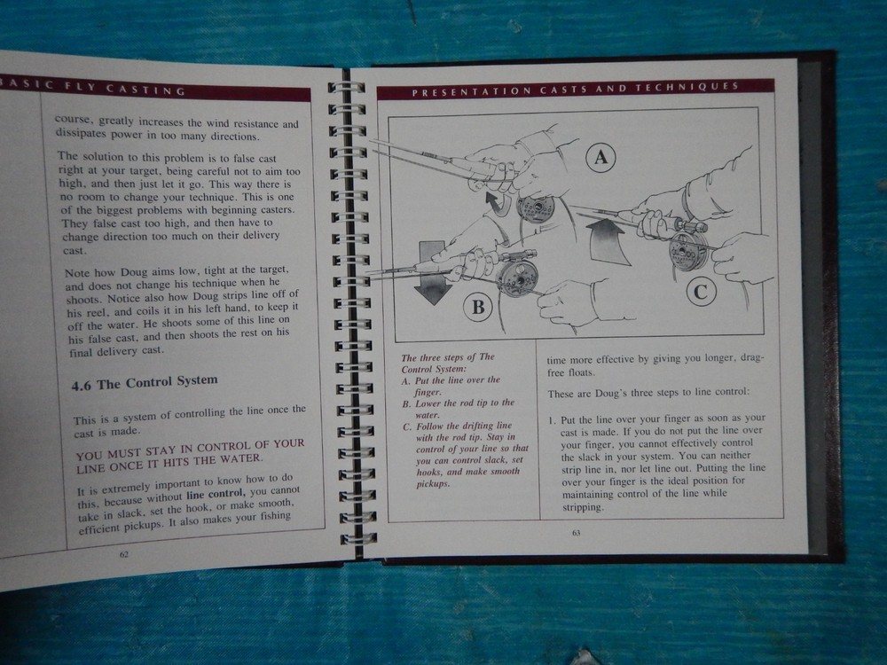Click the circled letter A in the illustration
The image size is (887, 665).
(x=600, y=157)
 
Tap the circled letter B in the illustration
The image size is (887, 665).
(x=478, y=307)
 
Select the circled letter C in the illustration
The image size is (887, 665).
(x=701, y=292)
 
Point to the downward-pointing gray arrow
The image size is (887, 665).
(x=433, y=272)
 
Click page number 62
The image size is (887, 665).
(x=124, y=554)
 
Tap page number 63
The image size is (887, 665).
(x=576, y=533)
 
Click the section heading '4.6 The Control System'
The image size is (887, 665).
(x=145, y=383)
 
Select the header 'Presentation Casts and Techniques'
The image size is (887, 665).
(x=576, y=89)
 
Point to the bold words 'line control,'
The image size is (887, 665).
(x=216, y=495)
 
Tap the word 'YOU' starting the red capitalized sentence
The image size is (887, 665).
(x=90, y=455)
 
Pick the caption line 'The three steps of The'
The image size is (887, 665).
(x=447, y=357)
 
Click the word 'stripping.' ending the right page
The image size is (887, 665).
(x=582, y=507)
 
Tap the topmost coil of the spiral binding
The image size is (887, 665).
(x=346, y=88)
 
